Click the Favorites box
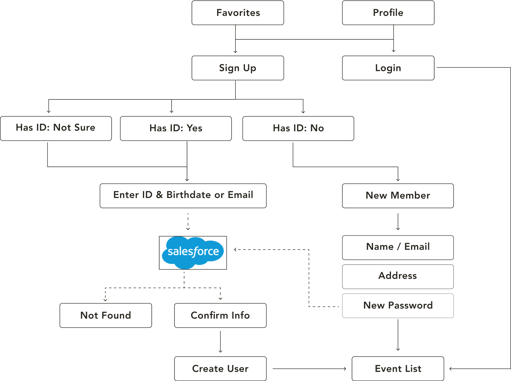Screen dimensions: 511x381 tap(238, 13)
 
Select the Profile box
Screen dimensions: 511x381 tap(388, 13)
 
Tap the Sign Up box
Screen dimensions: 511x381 tap(238, 68)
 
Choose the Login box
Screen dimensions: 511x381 tap(388, 68)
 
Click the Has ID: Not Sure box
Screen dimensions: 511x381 tap(56, 128)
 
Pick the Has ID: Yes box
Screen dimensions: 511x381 tap(176, 128)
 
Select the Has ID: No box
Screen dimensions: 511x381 tap(298, 128)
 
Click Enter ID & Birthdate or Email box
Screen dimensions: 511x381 tap(183, 196)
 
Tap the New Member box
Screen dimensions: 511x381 tap(398, 196)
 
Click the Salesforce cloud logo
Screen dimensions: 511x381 tap(193, 252)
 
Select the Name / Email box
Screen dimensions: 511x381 tap(398, 248)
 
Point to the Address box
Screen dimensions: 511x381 tap(398, 276)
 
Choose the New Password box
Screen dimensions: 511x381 tap(398, 306)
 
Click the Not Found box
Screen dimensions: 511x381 tap(106, 315)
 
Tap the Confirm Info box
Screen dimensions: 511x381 tap(220, 315)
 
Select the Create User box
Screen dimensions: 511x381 tap(220, 369)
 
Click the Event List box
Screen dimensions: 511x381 tap(398, 369)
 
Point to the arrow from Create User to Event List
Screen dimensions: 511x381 tap(309, 369)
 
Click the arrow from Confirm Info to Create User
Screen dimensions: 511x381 tap(220, 342)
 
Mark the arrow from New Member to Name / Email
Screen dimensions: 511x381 tap(398, 222)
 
